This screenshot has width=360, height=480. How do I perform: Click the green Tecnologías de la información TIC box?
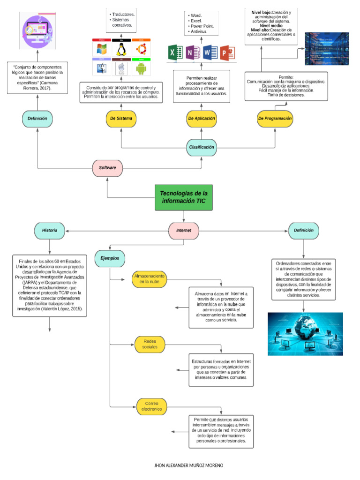point(183,197)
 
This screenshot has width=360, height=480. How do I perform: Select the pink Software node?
point(107,167)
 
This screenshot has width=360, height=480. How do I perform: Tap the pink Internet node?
point(183,231)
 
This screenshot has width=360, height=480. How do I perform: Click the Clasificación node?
point(202,147)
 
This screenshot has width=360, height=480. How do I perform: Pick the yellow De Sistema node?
point(121,119)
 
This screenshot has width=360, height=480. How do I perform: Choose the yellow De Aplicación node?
point(202,119)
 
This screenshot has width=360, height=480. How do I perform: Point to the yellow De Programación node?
point(275,119)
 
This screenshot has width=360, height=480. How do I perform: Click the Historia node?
point(50,231)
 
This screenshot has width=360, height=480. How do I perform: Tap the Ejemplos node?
point(110,258)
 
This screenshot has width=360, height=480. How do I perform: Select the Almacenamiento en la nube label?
point(149,279)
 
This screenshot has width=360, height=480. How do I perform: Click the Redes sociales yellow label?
point(150,345)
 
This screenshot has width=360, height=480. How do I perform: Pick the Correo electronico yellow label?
point(152,406)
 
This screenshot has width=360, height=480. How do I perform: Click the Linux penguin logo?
point(121,50)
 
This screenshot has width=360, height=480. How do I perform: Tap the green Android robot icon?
point(141,69)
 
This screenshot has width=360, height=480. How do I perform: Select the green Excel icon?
point(174,52)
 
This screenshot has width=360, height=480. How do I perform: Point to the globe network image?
point(305,334)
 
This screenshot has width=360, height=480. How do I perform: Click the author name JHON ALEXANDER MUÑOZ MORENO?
point(189,465)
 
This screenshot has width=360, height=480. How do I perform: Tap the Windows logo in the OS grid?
point(102,50)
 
